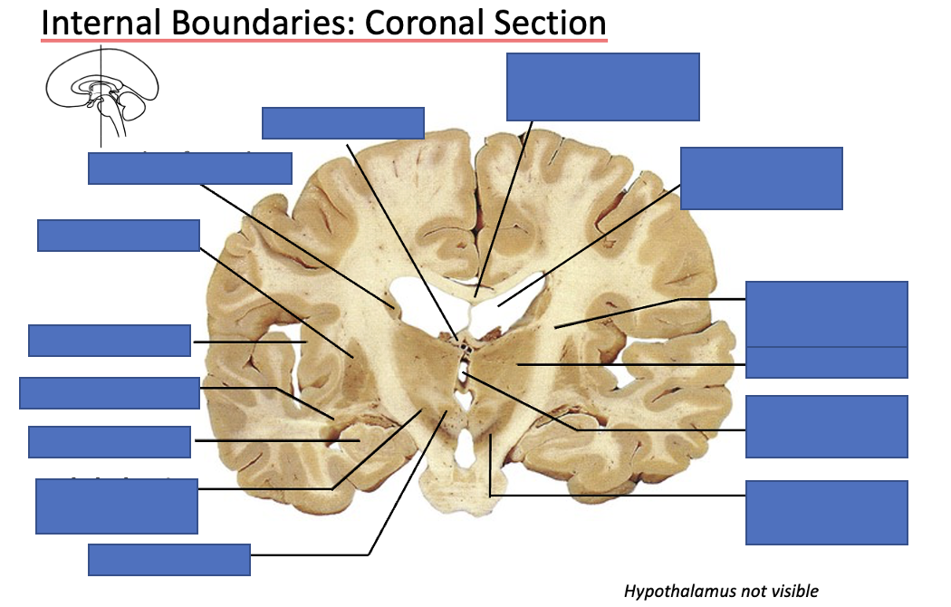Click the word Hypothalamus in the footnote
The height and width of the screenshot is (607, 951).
coord(680,592)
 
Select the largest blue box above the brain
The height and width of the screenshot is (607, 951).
coord(602,86)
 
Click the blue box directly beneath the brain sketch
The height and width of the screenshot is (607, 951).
coord(190,169)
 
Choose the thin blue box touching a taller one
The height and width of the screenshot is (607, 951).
coord(826,362)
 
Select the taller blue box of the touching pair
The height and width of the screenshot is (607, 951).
coord(826,313)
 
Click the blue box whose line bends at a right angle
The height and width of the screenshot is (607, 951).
coord(826,512)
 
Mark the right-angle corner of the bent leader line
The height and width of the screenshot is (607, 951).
coord(490,496)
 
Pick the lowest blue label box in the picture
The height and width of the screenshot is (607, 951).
coord(168,560)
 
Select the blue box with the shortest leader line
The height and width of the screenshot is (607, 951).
coord(109,341)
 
